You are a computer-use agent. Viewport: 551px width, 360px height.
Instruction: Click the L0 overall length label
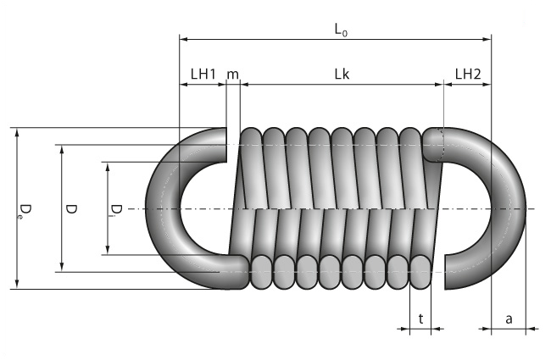coord(341,30)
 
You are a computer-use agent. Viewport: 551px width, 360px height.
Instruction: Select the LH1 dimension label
coord(203,74)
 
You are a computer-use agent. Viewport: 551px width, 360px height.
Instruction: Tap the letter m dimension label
coord(232,75)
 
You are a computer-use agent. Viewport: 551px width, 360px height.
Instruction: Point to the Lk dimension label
coord(342,74)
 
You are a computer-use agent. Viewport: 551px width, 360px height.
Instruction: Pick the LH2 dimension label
coord(468,74)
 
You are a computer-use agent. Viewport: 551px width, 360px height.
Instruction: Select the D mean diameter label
coord(71,209)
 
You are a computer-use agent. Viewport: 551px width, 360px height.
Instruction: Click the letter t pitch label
coord(420,318)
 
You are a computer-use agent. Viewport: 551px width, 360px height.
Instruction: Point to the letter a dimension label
coord(509,319)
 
